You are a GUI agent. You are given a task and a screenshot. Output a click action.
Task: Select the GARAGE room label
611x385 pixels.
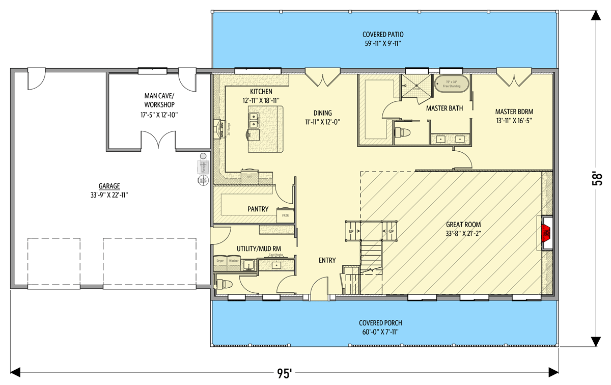(109, 186)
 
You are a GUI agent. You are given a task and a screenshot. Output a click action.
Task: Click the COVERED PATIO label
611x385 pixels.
(383, 35)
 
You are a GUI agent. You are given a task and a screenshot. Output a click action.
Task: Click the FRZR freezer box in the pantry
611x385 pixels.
(285, 216)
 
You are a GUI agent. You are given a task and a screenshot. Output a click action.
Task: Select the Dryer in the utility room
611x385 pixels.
(220, 263)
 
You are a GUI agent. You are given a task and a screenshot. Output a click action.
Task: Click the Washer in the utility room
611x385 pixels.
(234, 263)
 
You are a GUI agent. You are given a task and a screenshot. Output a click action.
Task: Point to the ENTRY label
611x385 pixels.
(327, 260)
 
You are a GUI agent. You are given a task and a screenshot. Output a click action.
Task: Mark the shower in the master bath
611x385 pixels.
(415, 83)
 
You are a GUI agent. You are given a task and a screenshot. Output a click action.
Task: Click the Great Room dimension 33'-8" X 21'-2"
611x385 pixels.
(463, 233)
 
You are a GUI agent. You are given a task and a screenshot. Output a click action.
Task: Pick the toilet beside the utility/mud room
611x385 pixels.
(226, 284)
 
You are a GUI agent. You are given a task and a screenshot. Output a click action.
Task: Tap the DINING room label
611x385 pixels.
(322, 113)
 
